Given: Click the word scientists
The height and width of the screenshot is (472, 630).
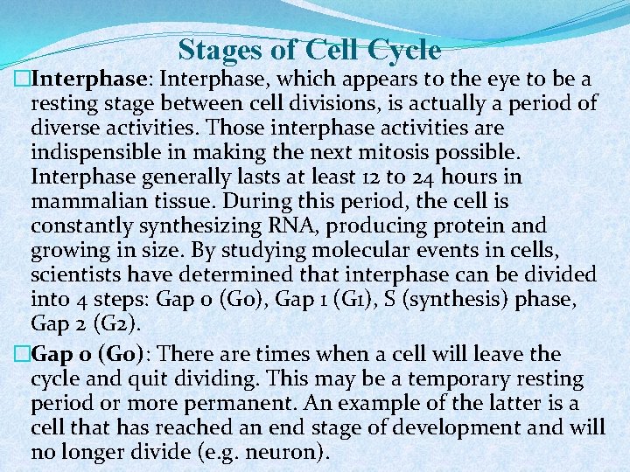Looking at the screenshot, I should (x=78, y=275).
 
